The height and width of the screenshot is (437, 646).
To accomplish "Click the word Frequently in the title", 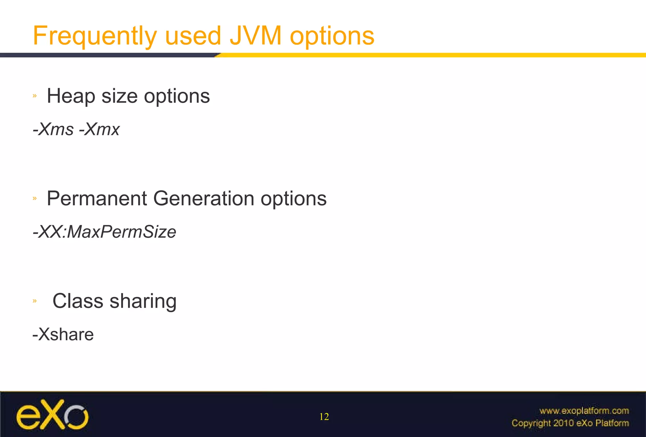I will (x=95, y=36).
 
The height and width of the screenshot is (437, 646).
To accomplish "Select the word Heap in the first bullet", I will (x=71, y=96).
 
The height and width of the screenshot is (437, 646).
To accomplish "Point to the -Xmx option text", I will (x=99, y=129).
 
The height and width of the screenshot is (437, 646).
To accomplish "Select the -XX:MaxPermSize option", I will (x=104, y=232).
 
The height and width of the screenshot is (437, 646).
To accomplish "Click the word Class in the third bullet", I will (x=78, y=301).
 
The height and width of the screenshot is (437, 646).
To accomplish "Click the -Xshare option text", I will (x=63, y=335).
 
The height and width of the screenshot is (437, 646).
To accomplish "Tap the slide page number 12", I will (x=324, y=417).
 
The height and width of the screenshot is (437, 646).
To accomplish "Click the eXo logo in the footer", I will (x=52, y=414).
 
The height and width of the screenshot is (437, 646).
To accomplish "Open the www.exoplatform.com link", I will (x=584, y=411).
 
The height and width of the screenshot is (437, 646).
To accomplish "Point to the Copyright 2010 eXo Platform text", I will (x=570, y=423).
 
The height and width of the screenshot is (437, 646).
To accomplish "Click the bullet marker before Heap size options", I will (x=35, y=96).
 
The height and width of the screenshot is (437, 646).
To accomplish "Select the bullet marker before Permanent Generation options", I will (x=35, y=198).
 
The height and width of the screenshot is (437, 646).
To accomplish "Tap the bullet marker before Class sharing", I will (x=35, y=301).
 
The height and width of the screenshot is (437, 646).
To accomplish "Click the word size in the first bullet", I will (x=119, y=96).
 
